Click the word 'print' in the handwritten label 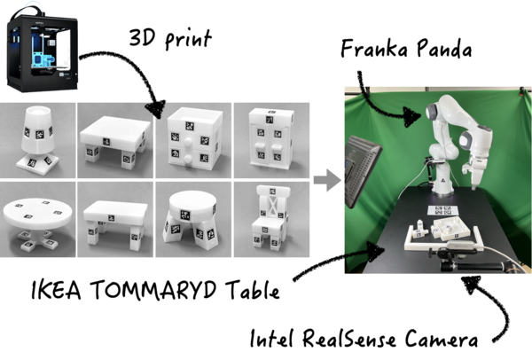tap(188, 39)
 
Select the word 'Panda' tap(444, 48)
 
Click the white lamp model tap(37, 140)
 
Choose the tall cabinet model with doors tap(271, 138)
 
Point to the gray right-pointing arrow tap(327, 180)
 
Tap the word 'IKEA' tap(56, 290)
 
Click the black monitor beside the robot tap(362, 169)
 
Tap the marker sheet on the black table tap(442, 210)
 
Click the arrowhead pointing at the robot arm tap(411, 116)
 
